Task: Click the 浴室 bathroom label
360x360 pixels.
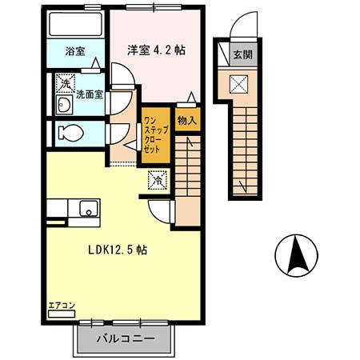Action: coord(75,51)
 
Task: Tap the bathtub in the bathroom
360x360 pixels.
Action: coord(76,24)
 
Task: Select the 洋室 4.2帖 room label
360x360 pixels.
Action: coord(156,50)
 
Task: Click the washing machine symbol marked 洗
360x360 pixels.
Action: coord(66,83)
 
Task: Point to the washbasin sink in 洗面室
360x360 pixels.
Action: coord(64,105)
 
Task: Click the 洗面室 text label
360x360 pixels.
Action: coord(90,94)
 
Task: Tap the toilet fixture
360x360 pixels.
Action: coord(70,134)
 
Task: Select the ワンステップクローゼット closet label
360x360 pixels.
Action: coord(156,134)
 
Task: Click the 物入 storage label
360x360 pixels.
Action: coord(187,121)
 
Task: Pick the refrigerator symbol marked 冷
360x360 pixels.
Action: coord(158,180)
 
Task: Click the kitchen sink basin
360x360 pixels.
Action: coord(89,209)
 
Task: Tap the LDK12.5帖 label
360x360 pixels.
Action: coord(118,250)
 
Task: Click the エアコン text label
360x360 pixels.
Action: coord(62,306)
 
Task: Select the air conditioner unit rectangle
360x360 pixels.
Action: coord(61,314)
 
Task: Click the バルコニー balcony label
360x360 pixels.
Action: coord(126,338)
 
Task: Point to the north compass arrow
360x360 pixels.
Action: coord(296,256)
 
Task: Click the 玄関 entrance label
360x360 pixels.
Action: coord(243,54)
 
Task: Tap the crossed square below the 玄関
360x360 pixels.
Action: coord(238,84)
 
